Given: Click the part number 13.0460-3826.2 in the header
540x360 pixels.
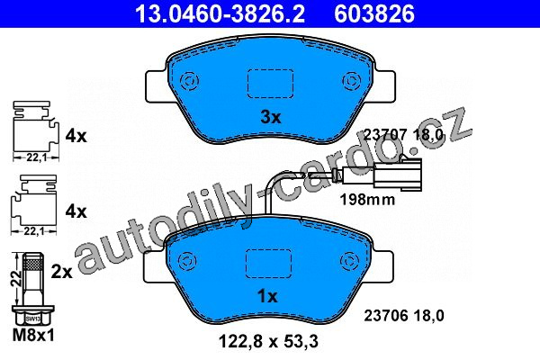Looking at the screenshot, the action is (x=220, y=13).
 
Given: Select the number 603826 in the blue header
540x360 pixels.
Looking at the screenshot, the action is (x=374, y=13).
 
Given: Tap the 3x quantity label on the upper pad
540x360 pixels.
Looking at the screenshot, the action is (x=271, y=118).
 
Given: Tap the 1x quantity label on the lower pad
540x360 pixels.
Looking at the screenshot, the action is (x=267, y=296).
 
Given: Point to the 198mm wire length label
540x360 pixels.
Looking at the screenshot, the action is (x=367, y=199).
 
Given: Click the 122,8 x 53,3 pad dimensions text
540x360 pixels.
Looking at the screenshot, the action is (x=268, y=341).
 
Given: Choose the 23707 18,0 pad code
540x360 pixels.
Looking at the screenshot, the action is (x=403, y=134).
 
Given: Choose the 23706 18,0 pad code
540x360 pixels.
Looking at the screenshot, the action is (x=404, y=315).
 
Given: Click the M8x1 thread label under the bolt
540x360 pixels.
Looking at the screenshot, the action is (x=33, y=335).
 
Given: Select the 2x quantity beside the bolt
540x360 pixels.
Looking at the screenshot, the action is (x=61, y=272).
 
